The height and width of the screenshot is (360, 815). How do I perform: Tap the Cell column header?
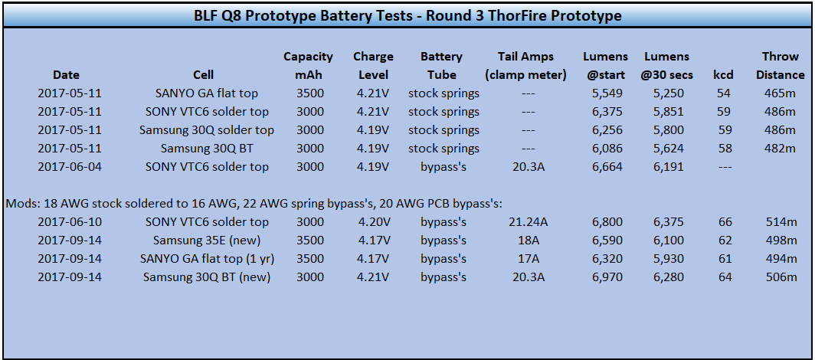tap(203, 75)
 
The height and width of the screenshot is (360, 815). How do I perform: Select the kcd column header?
tap(723, 75)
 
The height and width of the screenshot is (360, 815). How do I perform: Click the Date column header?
tap(66, 75)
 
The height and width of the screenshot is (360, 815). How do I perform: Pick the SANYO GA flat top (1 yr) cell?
tap(207, 259)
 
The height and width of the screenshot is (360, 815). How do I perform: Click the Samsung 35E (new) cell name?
tap(207, 241)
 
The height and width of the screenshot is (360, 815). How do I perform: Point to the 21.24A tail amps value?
tap(528, 222)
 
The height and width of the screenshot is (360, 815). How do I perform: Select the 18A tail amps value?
tap(528, 241)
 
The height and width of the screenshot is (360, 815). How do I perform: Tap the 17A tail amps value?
tap(528, 259)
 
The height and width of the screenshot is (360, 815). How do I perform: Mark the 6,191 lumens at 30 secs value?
tap(669, 167)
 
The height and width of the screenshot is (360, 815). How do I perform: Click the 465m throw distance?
tap(781, 93)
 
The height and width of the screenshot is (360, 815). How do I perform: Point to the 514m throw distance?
tap(781, 222)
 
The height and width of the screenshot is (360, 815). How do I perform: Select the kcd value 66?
tap(725, 222)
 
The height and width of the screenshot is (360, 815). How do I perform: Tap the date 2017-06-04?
tap(70, 167)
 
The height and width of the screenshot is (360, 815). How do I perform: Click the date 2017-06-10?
tap(70, 222)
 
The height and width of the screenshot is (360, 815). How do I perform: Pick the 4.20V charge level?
tap(373, 222)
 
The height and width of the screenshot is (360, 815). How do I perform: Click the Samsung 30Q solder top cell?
tap(207, 130)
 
